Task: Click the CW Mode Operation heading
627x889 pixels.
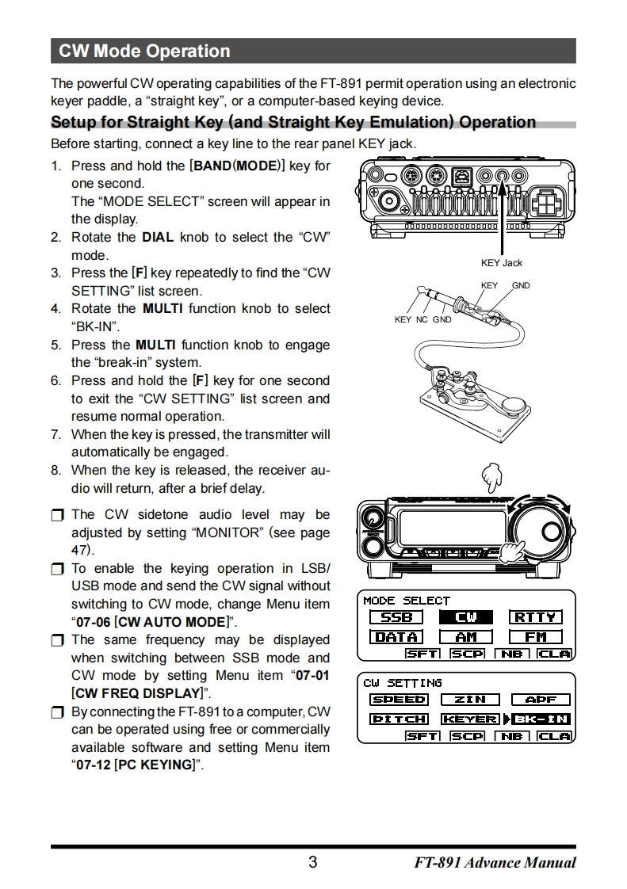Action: click(x=144, y=52)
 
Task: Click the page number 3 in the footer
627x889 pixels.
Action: click(x=312, y=863)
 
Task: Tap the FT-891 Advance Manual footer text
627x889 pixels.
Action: click(x=495, y=863)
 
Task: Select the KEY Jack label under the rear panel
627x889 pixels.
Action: click(x=501, y=263)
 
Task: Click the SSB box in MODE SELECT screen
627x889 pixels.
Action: click(x=396, y=617)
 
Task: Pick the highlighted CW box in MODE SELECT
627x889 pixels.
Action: click(x=466, y=617)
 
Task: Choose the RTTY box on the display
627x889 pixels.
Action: click(x=536, y=617)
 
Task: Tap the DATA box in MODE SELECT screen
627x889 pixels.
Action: click(x=396, y=636)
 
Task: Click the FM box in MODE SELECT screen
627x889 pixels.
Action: click(x=536, y=636)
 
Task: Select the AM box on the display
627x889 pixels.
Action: click(x=466, y=636)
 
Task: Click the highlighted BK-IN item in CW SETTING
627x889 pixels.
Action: click(x=541, y=719)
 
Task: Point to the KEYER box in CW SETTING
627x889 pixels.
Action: click(x=470, y=719)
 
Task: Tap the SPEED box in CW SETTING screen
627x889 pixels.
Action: click(x=399, y=700)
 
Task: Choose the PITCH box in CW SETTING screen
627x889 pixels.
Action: click(x=399, y=719)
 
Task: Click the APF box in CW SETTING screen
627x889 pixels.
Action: click(x=541, y=700)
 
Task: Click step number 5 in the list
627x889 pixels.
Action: click(x=55, y=345)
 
